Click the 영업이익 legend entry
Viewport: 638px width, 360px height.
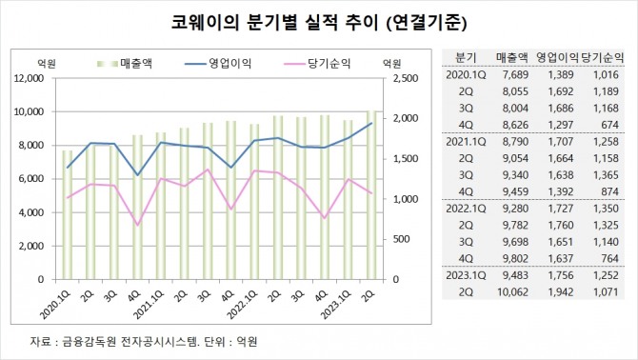pyautogui.click(x=222, y=64)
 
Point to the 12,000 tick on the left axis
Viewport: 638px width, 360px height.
pyautogui.click(x=33, y=78)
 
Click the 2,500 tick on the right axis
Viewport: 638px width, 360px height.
pyautogui.click(x=401, y=78)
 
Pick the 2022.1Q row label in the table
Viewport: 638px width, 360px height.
pyautogui.click(x=466, y=206)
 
